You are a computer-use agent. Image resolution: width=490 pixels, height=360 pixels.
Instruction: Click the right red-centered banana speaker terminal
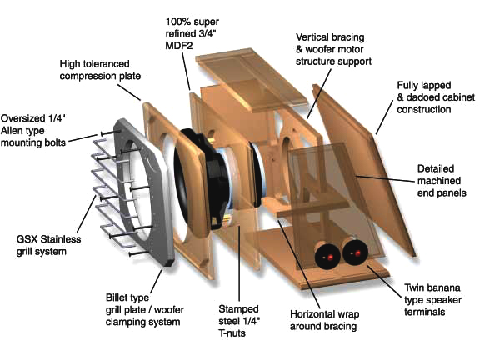coord(355,252)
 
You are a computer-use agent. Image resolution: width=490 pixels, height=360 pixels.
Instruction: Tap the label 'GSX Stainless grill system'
coord(48,245)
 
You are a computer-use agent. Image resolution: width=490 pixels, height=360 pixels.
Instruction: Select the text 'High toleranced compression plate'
coord(100,70)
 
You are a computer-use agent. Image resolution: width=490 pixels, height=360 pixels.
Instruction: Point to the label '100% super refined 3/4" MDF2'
coord(192,33)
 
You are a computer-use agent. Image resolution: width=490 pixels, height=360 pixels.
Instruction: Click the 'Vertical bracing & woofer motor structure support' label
coord(333,49)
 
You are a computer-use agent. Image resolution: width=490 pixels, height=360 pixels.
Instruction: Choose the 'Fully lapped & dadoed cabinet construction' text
coord(436,97)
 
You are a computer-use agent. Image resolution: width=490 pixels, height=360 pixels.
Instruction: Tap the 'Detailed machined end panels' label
coord(442,181)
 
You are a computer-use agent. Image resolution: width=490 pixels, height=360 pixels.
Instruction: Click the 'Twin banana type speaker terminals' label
coord(432,300)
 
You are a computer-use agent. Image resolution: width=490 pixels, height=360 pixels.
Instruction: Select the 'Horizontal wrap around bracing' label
coord(324,320)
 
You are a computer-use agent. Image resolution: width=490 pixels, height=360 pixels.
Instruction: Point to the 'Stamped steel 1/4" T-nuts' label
coord(239,321)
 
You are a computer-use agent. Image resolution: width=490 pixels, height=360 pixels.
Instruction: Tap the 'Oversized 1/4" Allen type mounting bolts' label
coord(33,130)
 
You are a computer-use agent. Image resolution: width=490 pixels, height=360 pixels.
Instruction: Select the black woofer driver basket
coord(203,180)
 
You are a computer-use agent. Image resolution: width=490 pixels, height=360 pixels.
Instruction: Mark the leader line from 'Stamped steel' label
coord(239,263)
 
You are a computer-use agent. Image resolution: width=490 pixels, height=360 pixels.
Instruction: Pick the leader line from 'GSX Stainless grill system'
coord(87,213)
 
